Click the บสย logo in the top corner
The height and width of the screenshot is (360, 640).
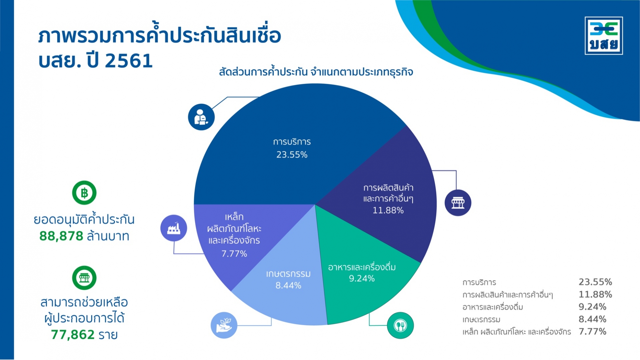pos(604,36)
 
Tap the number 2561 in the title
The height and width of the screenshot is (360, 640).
pos(129,61)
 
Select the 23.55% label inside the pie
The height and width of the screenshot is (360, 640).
pos(292,155)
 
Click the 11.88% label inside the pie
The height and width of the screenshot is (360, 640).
pos(388,210)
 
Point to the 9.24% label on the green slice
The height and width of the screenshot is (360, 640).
pos(362,278)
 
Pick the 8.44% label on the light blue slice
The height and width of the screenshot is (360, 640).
pos(288,286)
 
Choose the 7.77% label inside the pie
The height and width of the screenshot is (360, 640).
pos(234,253)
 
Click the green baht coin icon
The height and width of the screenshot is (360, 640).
pos(84,193)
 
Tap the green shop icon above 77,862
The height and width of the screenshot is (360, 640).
pos(84,278)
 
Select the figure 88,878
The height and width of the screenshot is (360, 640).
pos(61,236)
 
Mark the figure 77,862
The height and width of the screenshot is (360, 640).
pos(73,334)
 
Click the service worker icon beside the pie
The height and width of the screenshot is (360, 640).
pos(201,117)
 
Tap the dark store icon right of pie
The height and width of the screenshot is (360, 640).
pos(458,203)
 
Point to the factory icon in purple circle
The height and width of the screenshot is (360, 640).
pos(174,228)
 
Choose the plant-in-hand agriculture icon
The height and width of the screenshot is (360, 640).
pos(224,325)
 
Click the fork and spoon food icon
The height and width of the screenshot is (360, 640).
pos(400,325)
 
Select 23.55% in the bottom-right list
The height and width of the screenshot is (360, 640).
pos(595,282)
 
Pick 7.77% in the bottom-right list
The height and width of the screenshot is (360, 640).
pos(592,332)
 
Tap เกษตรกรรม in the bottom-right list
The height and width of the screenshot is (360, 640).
pos(481,320)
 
